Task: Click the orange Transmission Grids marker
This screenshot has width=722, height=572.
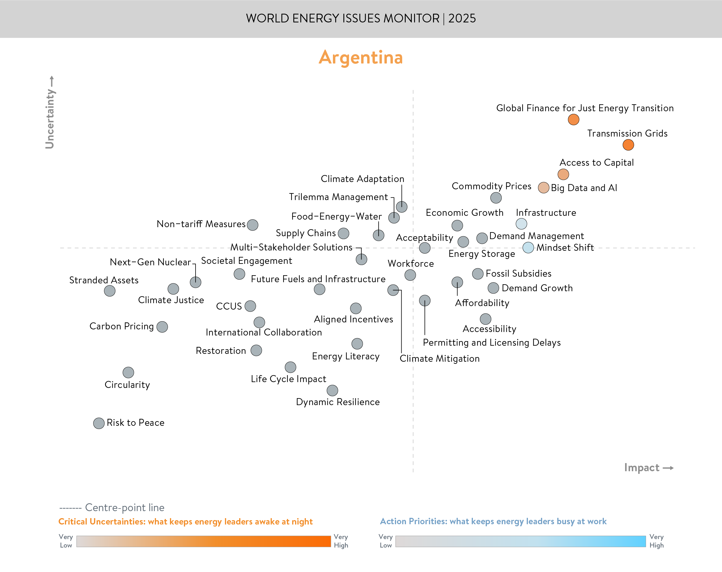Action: coord(628,145)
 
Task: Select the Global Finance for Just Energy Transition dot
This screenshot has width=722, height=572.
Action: coord(574,120)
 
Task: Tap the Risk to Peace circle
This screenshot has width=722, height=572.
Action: coord(99,423)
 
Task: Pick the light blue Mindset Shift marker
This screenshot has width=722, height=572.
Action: coord(528,248)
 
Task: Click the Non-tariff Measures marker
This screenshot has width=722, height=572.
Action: coord(253,225)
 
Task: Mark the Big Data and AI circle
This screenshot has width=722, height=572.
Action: coord(543,188)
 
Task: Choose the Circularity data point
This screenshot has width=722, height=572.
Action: coord(128,372)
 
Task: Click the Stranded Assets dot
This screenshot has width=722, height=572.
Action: coord(110,291)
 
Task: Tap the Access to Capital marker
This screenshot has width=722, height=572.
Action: coord(563,174)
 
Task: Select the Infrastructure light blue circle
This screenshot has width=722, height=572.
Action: coord(521,224)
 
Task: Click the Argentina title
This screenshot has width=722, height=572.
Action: coord(361,58)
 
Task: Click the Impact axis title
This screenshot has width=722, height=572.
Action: coord(642,467)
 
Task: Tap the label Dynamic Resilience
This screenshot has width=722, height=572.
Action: coord(338,402)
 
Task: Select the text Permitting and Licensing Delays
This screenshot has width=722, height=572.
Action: coord(492,343)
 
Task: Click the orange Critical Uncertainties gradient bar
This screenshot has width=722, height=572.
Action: coord(203,541)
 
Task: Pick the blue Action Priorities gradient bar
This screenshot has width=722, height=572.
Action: coord(520,541)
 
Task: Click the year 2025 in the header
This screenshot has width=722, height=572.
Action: coord(462,18)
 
